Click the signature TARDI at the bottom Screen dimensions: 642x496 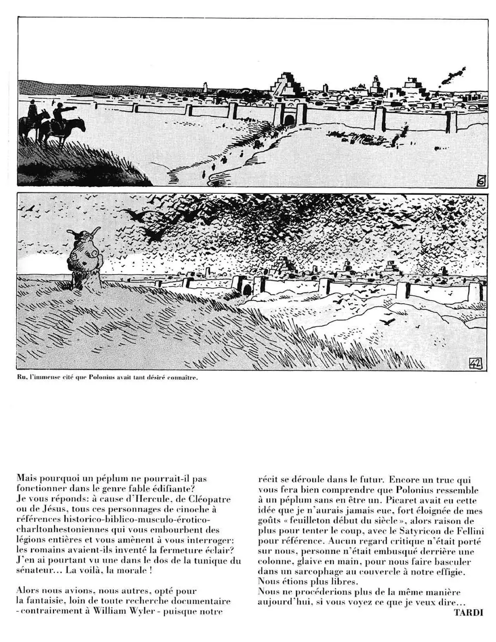coord(468,613)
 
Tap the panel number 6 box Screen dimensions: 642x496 coord(480,181)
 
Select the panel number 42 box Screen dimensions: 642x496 coord(475,363)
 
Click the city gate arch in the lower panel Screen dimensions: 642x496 coord(247,288)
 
